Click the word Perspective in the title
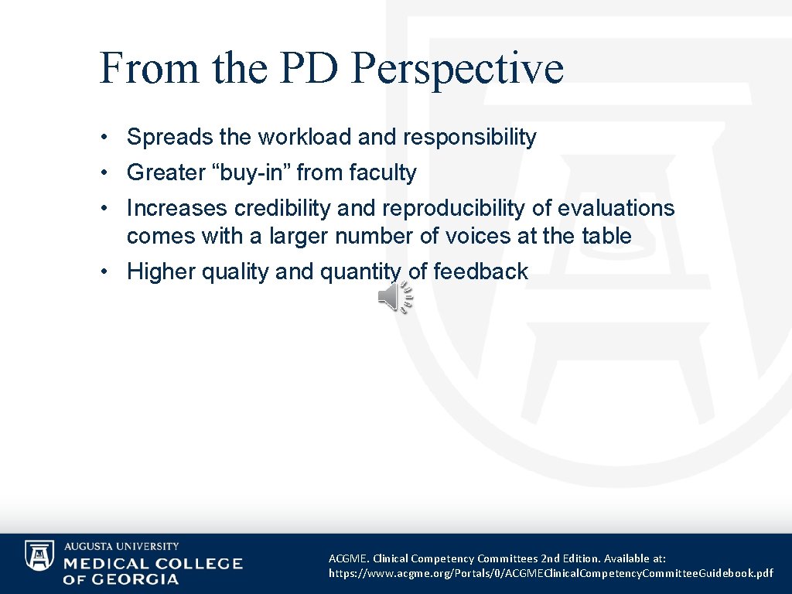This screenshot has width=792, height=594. (456, 68)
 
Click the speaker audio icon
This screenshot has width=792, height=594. (394, 298)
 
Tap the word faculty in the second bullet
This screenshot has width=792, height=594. (383, 173)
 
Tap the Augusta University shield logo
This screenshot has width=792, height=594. (39, 556)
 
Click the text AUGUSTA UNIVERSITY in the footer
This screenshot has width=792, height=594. (121, 546)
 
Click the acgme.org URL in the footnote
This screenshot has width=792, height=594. (550, 573)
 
